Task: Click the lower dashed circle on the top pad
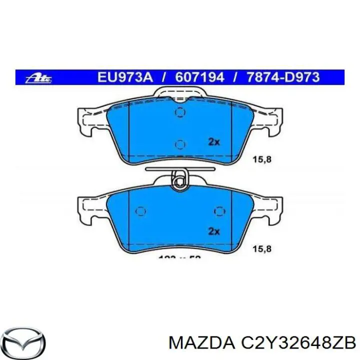(x=180, y=144)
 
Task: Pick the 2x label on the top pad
(x=213, y=142)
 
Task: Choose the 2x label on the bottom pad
(x=213, y=231)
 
